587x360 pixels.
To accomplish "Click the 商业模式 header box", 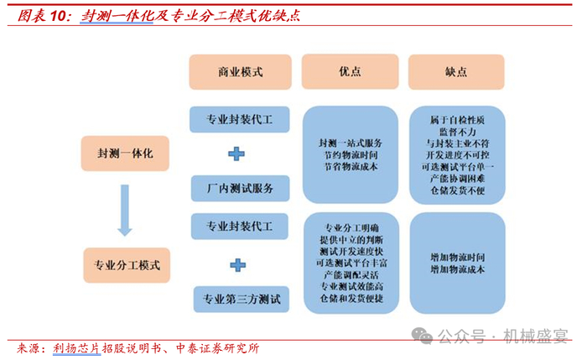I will tap(240, 72).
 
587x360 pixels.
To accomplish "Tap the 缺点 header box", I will tap(456, 72).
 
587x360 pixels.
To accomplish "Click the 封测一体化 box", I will tap(124, 154).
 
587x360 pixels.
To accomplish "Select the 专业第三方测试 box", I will tap(240, 297).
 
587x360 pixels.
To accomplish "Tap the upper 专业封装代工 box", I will tap(240, 120).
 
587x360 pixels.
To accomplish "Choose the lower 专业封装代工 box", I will tap(240, 227).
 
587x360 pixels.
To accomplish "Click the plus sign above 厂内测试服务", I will tap(238, 154).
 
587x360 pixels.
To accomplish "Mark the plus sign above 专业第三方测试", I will tap(238, 263).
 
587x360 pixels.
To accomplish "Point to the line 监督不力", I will tap(457, 132).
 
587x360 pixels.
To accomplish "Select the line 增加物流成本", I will tap(456, 269).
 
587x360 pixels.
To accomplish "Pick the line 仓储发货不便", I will tap(457, 191).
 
